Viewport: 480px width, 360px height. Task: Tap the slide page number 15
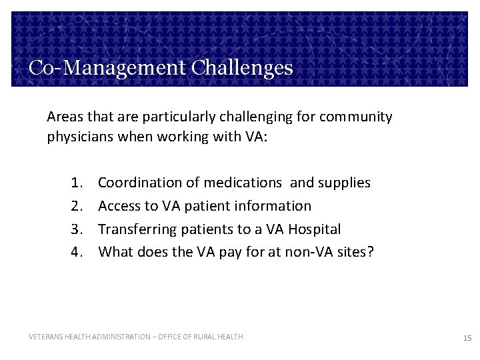pyautogui.click(x=467, y=339)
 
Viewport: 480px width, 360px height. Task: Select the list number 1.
pyautogui.click(x=74, y=183)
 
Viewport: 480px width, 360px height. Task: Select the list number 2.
pyautogui.click(x=74, y=206)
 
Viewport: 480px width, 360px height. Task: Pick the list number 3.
pyautogui.click(x=74, y=229)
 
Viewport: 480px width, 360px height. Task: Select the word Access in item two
pyautogui.click(x=118, y=206)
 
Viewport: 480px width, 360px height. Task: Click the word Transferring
pyautogui.click(x=135, y=229)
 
